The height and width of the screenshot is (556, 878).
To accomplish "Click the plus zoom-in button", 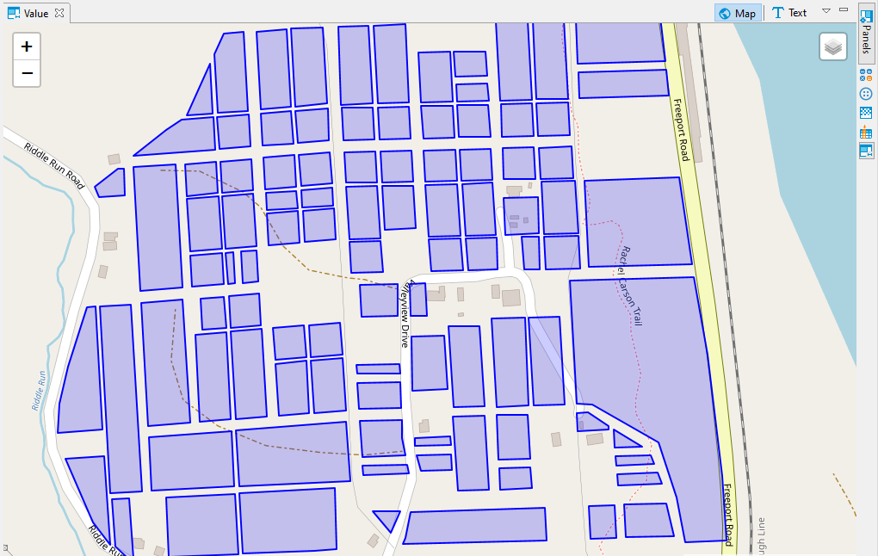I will click(x=27, y=47).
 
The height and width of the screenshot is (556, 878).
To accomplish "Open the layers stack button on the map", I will click(x=832, y=47).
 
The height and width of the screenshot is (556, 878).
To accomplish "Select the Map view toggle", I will click(x=738, y=13).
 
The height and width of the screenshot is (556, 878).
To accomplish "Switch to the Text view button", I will click(x=788, y=13).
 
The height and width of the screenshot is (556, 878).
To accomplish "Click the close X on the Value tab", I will click(x=59, y=13).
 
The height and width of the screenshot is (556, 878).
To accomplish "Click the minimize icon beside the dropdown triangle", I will click(x=844, y=9).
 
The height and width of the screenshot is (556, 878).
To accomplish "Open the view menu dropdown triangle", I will click(x=826, y=11).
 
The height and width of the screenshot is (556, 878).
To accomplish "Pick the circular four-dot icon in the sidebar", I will click(x=866, y=93).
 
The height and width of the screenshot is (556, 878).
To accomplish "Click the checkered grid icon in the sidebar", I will click(x=866, y=113).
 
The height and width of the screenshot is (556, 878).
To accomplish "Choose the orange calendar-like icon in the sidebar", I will click(x=866, y=133).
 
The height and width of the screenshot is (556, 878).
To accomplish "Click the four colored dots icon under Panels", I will click(x=866, y=75).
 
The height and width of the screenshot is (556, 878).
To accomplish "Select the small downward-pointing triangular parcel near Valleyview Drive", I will click(x=387, y=519).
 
